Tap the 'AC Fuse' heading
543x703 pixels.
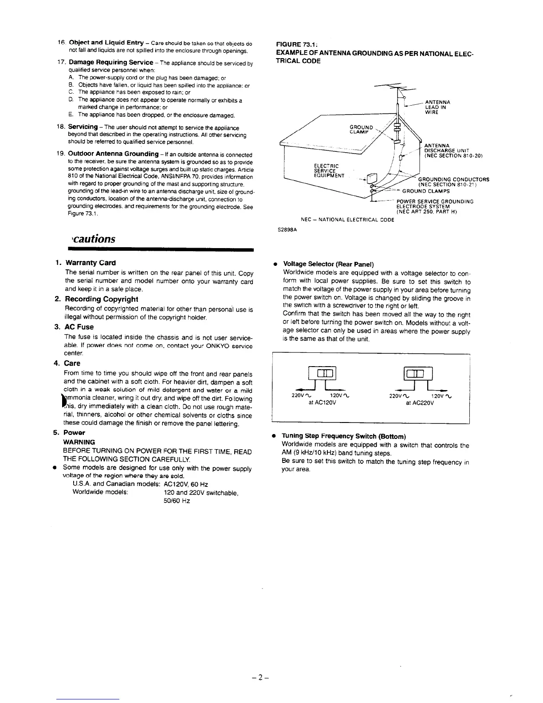click(x=79, y=327)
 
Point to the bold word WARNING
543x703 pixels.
click(x=79, y=442)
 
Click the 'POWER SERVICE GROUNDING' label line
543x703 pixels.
click(x=435, y=201)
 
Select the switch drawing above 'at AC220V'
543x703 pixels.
click(x=419, y=375)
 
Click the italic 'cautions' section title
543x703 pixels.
click(x=92, y=239)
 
